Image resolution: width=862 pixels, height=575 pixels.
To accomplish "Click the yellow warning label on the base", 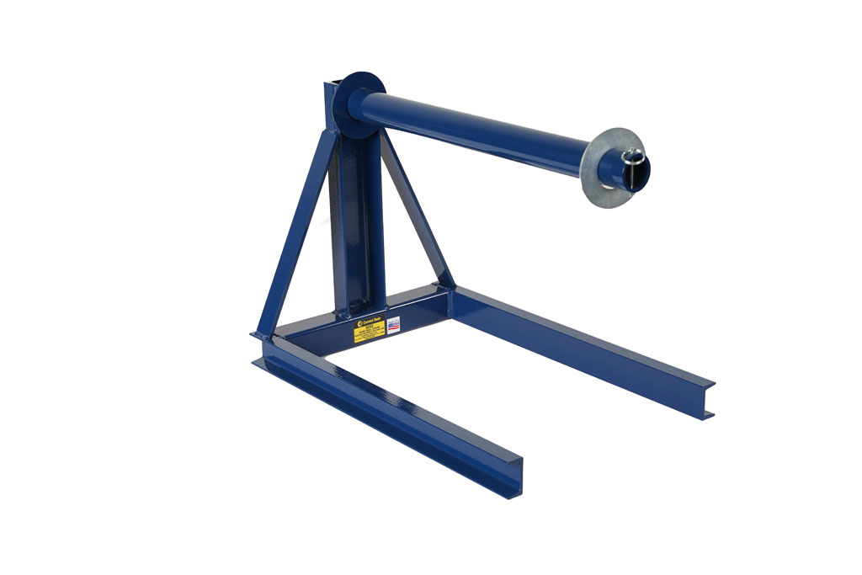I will (x=369, y=331).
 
